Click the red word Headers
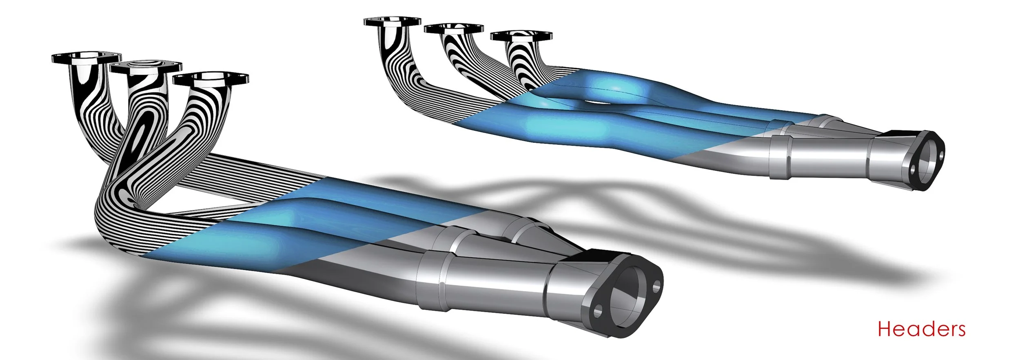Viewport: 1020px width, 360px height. coord(921,329)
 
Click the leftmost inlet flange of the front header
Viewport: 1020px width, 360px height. coord(86,58)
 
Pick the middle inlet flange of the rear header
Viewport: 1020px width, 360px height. coord(454,29)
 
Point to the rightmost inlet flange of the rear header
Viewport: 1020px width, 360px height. coord(521,36)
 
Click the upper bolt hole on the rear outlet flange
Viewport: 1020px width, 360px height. coord(940,156)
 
